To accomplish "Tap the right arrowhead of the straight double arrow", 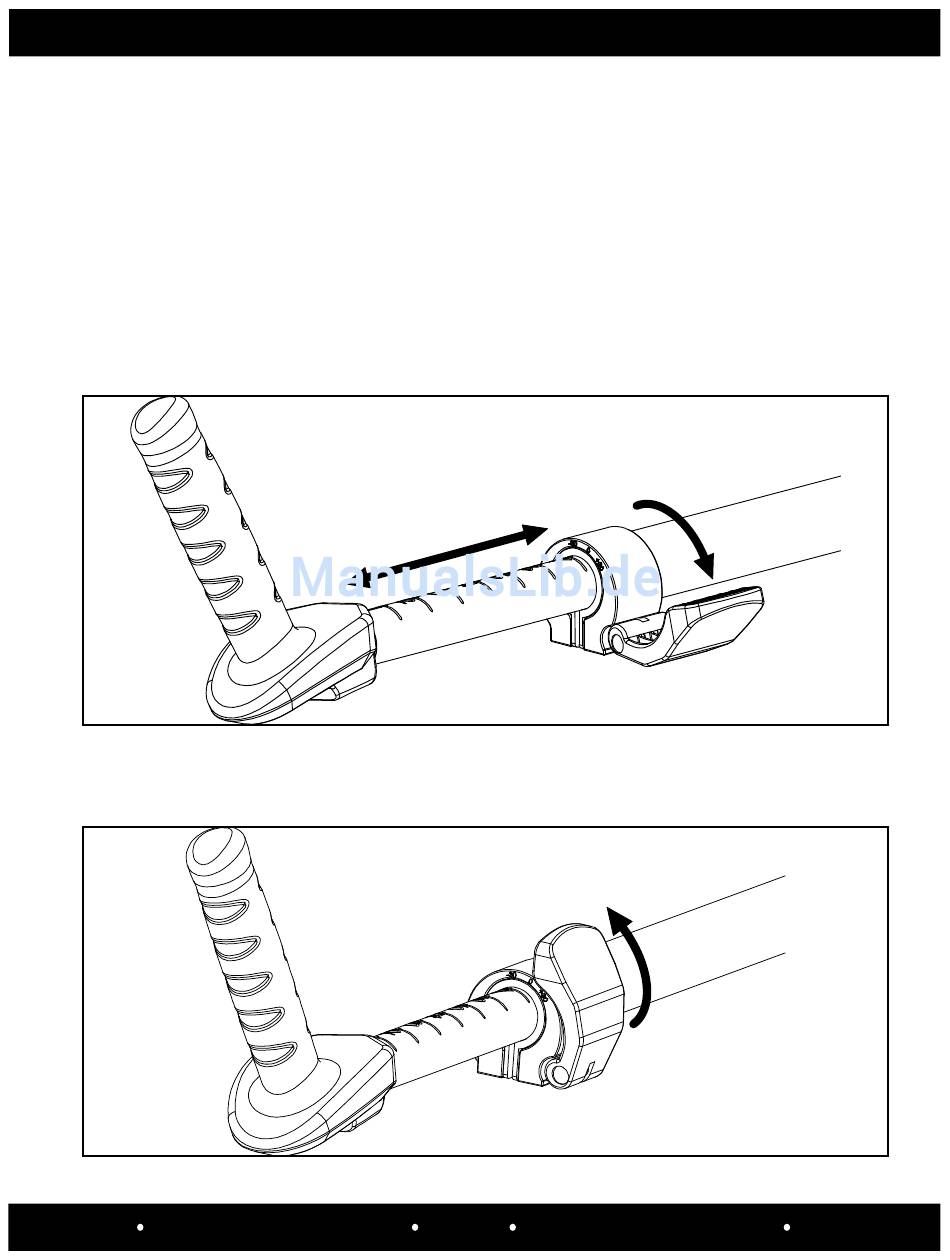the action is pos(534,532).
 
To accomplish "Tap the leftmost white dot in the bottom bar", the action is pos(140,1227).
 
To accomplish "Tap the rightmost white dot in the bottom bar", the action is pos(787,1227).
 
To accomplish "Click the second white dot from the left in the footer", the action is pos(415,1227).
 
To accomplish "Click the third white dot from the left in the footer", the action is pos(513,1227).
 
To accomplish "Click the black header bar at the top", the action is pos(475,32).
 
